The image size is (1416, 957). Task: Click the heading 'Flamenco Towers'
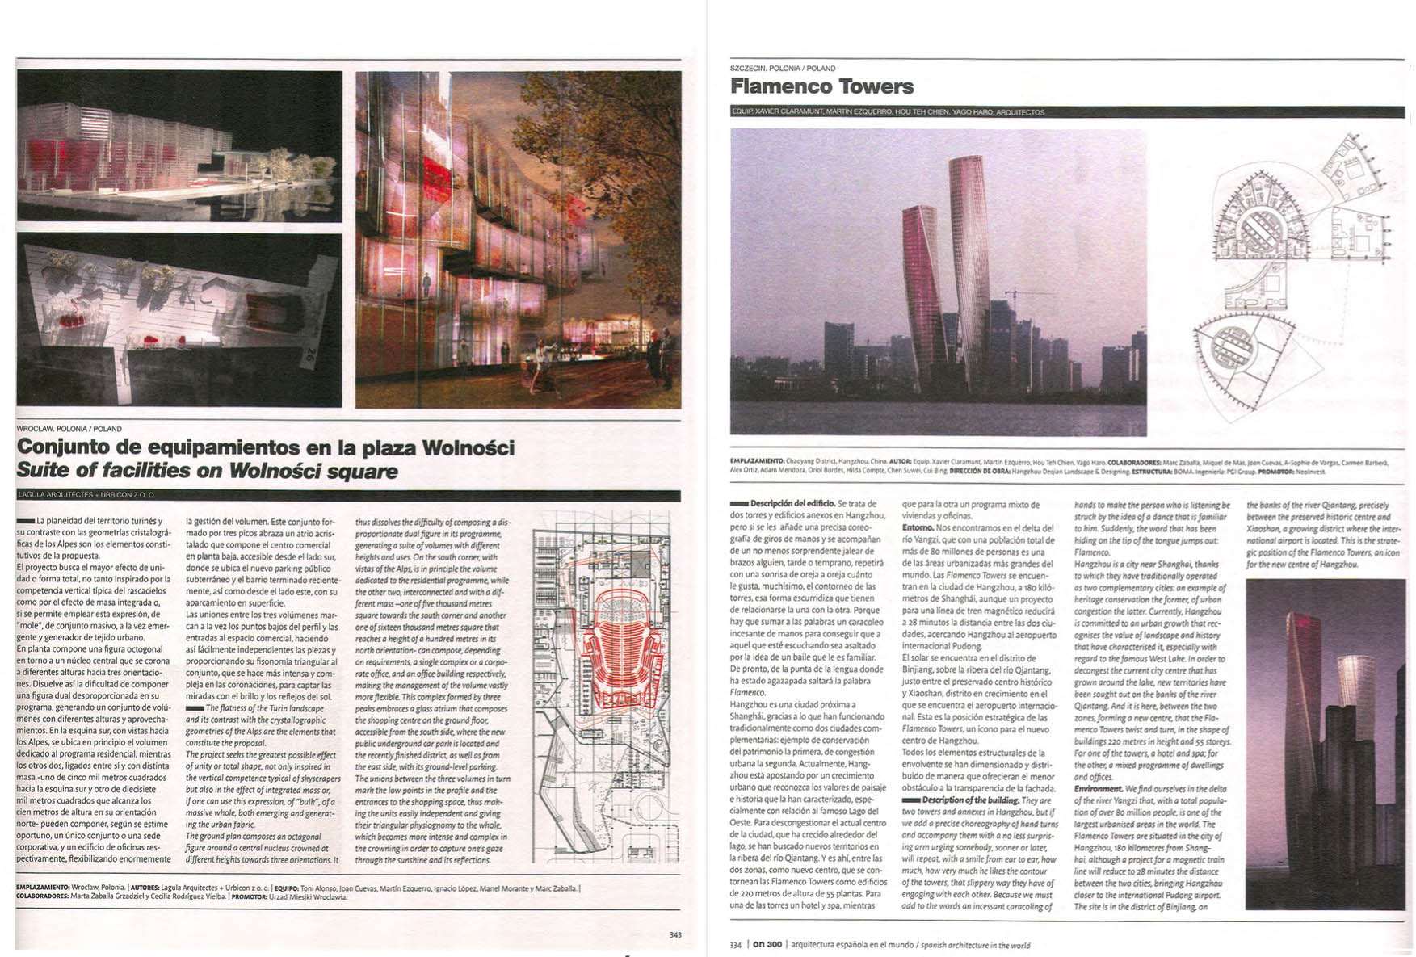click(x=821, y=86)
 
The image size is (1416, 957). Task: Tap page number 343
click(x=675, y=934)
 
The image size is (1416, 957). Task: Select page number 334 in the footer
click(x=735, y=944)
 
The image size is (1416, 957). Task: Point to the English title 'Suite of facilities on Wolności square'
click(x=207, y=471)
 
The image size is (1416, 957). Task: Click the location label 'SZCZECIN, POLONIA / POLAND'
click(x=782, y=69)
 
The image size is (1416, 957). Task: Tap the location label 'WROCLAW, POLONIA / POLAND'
click(x=69, y=429)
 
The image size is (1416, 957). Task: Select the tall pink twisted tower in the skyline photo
click(x=968, y=258)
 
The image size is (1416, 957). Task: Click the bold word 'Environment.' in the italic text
click(x=1098, y=789)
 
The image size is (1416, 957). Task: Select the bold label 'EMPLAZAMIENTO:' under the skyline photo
click(x=757, y=462)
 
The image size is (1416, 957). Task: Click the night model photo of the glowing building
click(x=179, y=145)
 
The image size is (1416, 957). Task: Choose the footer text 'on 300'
click(x=767, y=944)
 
